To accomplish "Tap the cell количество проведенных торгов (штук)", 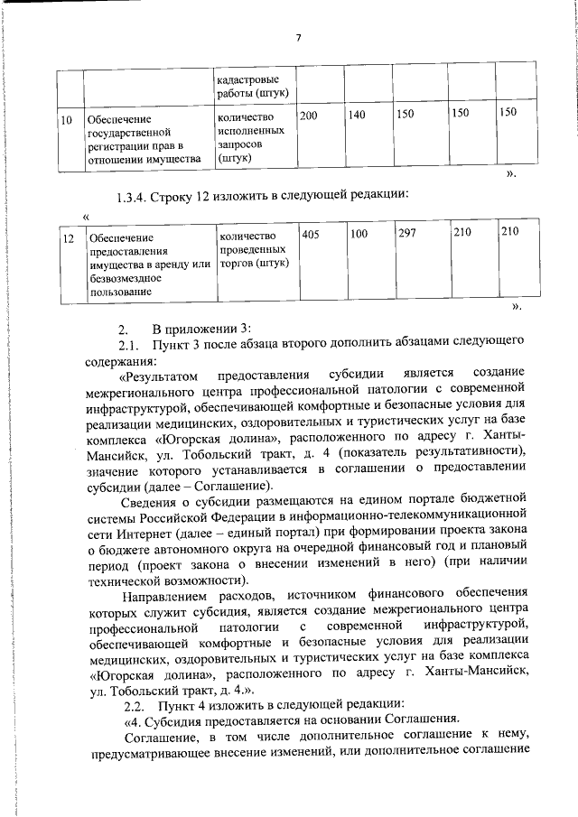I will (x=254, y=248).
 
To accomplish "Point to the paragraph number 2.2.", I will (x=134, y=704).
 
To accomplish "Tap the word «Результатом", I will (x=154, y=374).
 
